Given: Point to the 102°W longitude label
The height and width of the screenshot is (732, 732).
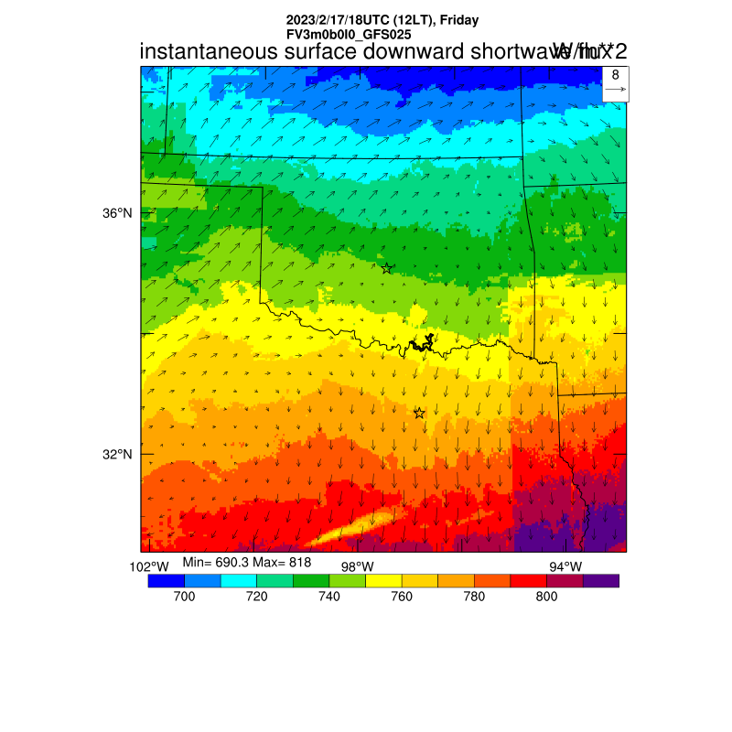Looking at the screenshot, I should point(148,566).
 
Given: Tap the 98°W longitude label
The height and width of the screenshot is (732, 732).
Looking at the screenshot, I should point(357,566).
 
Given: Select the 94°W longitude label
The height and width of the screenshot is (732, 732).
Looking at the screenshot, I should point(565,566).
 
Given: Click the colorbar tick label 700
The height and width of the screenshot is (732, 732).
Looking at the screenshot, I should point(184,597).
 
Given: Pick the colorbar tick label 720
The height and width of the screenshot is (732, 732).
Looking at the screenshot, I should point(256,597).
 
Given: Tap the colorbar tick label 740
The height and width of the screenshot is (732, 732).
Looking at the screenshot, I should point(328,597).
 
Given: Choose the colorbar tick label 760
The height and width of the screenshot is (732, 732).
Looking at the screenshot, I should point(401,597).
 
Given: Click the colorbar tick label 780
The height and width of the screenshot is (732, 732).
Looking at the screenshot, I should point(474,597).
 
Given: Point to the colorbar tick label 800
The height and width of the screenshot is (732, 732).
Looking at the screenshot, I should point(546,597).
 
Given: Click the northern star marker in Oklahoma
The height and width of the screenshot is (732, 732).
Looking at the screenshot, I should point(387,268).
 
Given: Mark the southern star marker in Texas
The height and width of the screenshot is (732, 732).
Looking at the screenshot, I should point(419,413).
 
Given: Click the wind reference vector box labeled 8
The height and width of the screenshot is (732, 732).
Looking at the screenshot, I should point(615,82).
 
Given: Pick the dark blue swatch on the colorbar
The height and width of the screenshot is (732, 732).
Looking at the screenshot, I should point(166,580).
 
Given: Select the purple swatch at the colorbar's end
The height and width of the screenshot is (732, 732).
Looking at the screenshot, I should point(601,580).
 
